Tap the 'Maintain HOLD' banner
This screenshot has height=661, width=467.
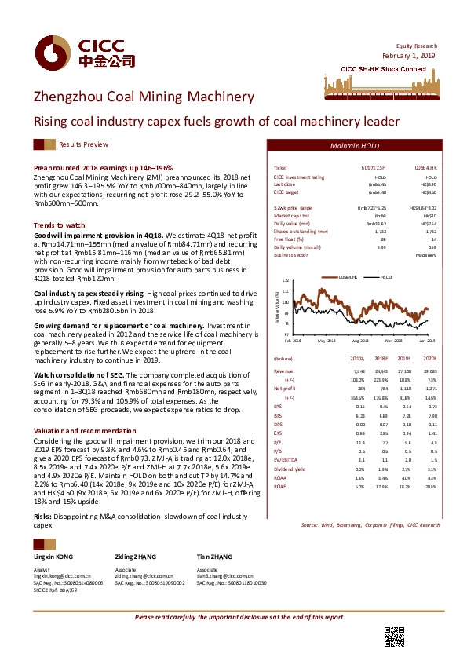359,147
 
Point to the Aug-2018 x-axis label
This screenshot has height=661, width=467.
361,341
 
